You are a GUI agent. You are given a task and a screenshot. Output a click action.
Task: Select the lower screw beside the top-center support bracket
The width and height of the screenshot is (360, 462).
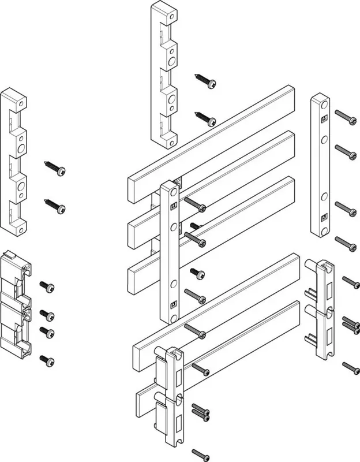206,118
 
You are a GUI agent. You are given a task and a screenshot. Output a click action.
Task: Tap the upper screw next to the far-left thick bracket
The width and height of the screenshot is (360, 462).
55,168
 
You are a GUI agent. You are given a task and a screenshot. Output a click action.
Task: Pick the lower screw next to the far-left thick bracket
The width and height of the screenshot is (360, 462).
55,206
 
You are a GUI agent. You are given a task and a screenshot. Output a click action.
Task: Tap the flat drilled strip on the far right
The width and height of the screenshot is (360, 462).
321,166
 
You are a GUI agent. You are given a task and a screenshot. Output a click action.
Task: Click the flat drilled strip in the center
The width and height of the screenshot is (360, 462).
171,251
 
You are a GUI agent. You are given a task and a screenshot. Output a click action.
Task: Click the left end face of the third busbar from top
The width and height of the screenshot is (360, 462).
132,276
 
